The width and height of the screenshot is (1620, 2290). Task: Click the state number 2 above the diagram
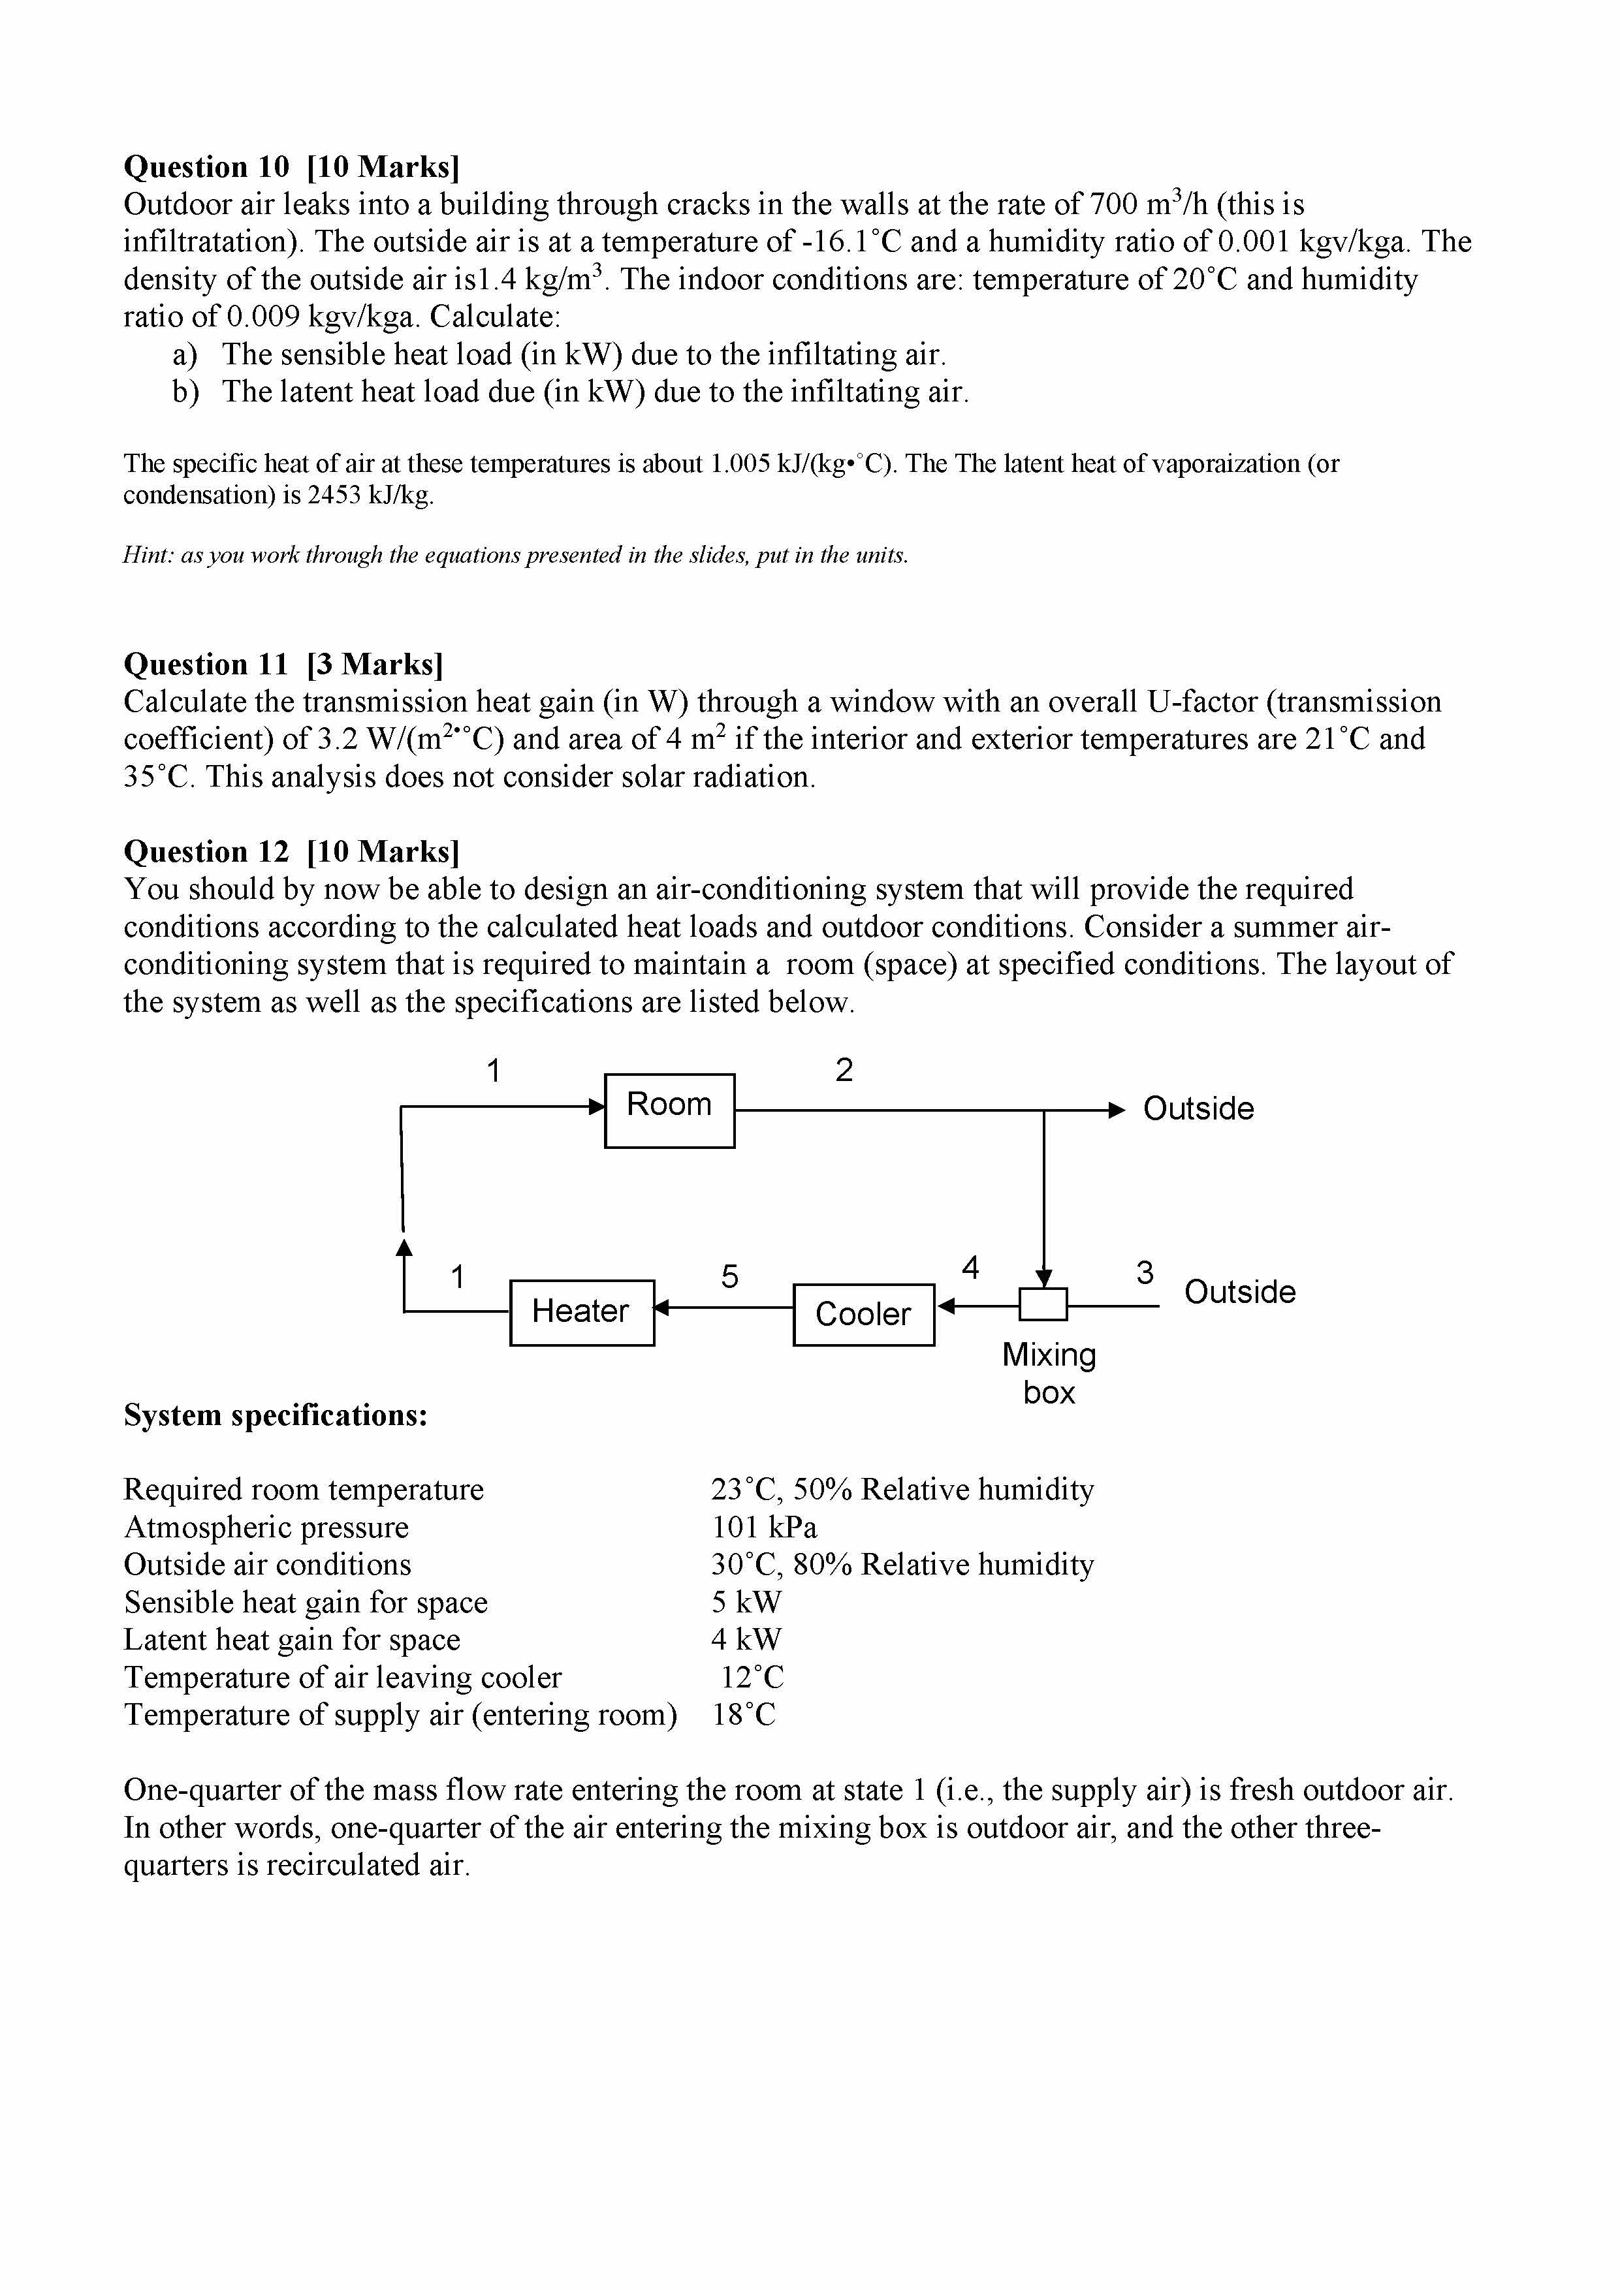[844, 1070]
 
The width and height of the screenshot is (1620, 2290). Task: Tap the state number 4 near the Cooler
[970, 1268]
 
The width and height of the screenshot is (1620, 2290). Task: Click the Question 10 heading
[291, 166]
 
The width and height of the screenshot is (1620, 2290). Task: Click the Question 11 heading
[283, 665]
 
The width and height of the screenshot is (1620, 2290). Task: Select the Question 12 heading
[291, 852]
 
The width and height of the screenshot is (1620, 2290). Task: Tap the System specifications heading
[276, 1415]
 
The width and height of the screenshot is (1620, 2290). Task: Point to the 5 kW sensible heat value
[746, 1602]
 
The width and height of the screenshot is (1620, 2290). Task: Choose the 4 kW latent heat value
[746, 1640]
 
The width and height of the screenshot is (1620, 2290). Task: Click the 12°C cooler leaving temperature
[752, 1678]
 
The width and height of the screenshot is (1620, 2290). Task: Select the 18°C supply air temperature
[744, 1714]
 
